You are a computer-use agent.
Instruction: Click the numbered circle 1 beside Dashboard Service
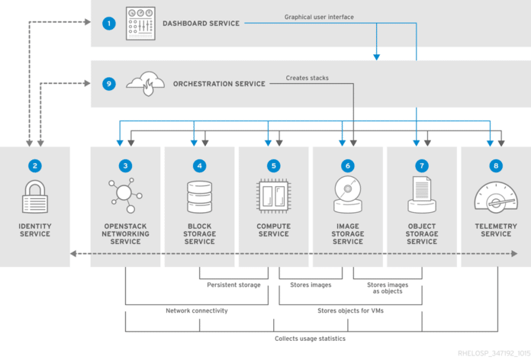coord(109,24)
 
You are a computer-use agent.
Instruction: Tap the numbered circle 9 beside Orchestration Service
coord(109,84)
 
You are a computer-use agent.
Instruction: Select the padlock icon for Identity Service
coord(34,197)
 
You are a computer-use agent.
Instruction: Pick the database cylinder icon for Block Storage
coord(199,197)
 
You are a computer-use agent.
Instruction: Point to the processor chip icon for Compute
coord(273,196)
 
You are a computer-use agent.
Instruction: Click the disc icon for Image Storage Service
coord(347,196)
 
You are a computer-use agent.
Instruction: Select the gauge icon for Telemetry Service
coord(496,196)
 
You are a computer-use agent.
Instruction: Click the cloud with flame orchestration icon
coord(144,83)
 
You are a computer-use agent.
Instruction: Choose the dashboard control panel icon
coord(140,24)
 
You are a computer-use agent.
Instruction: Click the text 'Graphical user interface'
coord(319,17)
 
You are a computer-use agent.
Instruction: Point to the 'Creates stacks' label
coord(307,78)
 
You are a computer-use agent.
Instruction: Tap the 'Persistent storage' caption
coord(233,285)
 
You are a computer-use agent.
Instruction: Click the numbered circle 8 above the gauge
coord(496,165)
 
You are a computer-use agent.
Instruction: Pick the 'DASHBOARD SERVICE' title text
coord(201,24)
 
